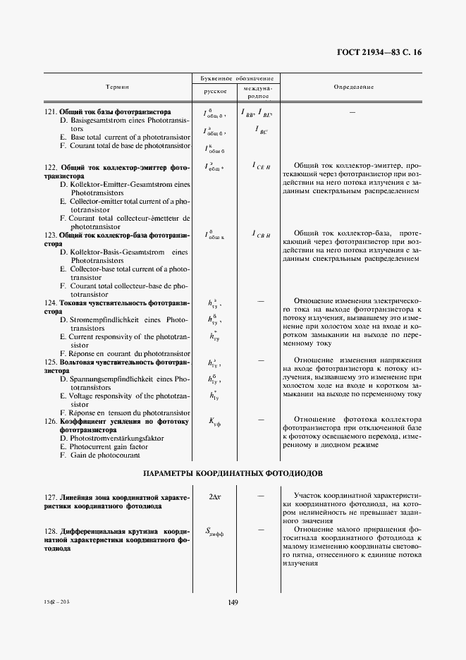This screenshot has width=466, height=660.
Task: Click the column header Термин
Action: (x=117, y=87)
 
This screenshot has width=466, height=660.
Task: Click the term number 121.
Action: (x=50, y=112)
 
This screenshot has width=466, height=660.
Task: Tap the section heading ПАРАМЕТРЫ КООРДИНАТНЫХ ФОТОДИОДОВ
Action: (x=234, y=472)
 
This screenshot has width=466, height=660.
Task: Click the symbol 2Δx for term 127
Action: (x=215, y=496)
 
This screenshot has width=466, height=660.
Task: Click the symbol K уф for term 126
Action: (x=215, y=422)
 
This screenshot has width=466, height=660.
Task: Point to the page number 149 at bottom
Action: (x=233, y=601)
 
